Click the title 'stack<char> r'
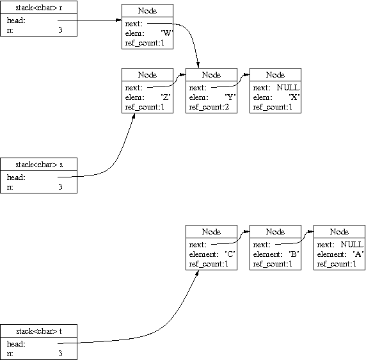point(39,8)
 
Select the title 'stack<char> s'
point(39,165)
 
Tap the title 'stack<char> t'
point(39,331)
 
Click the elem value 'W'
point(166,33)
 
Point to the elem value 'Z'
point(166,97)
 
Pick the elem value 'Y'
point(230,97)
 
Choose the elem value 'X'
point(294,97)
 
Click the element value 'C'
point(230,254)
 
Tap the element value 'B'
point(294,254)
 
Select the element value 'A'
point(358,254)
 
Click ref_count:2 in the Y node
point(209,107)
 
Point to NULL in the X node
point(288,88)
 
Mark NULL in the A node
point(352,245)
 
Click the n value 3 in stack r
point(60,30)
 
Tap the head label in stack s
point(16,177)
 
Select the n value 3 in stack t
point(60,353)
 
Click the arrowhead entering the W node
point(119,20)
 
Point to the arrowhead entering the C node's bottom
point(197,273)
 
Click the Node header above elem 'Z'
point(147,75)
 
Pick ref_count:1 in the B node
point(273,264)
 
